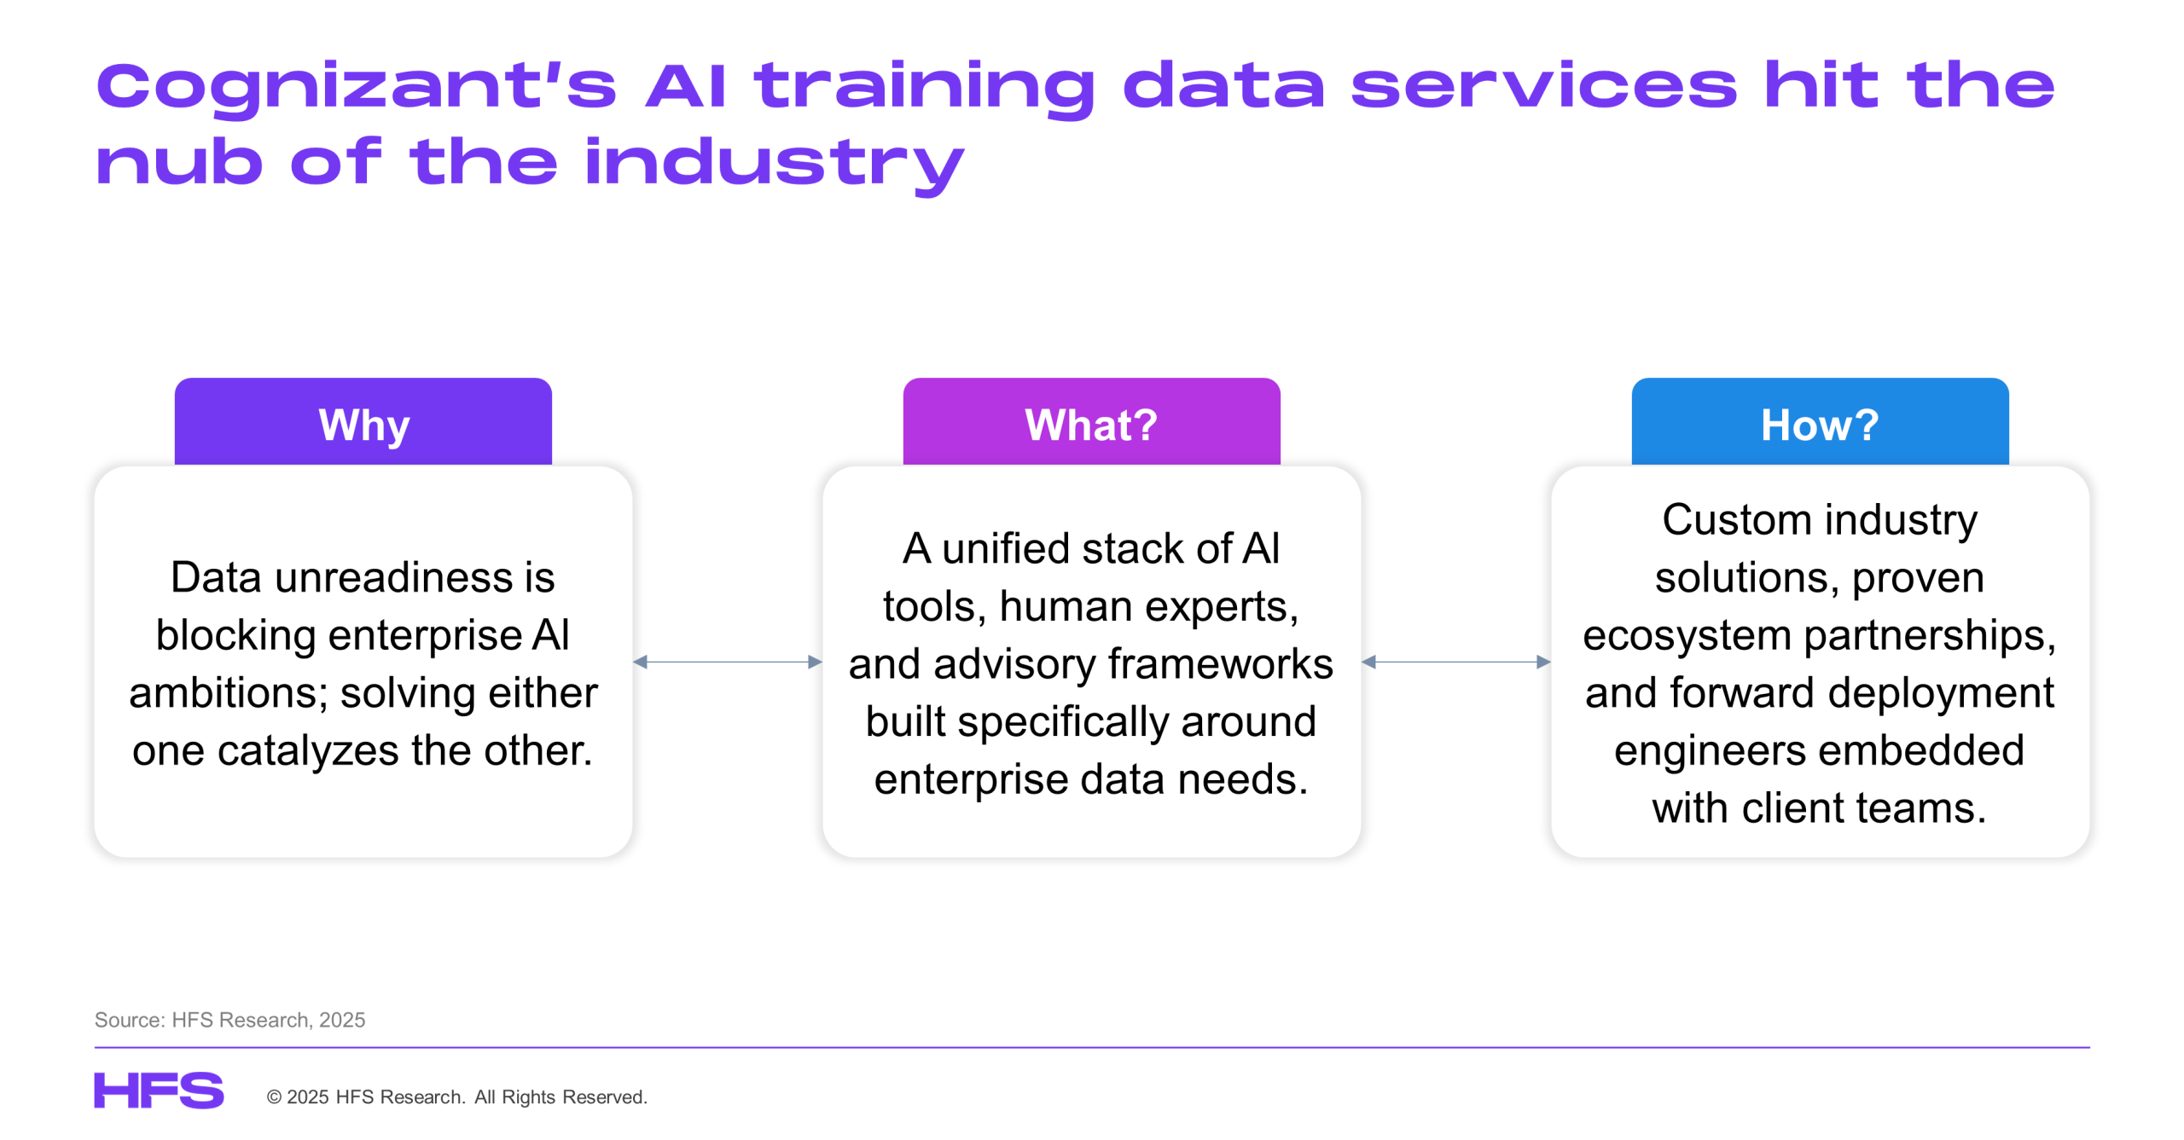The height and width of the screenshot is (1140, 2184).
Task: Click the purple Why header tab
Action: (363, 421)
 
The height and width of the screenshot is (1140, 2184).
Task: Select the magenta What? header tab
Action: (1091, 421)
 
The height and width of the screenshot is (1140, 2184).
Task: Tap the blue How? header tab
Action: (1820, 421)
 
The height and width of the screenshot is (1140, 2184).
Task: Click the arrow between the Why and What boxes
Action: (728, 662)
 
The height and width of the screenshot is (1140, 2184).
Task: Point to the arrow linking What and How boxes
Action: (1456, 662)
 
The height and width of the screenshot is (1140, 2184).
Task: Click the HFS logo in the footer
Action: (159, 1091)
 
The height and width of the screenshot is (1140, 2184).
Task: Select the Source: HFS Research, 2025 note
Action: (229, 1020)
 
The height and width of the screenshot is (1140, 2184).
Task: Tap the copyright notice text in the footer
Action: (457, 1097)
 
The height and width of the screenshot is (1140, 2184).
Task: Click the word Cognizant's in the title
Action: (356, 87)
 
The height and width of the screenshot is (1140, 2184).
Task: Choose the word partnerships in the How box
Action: (1930, 636)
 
